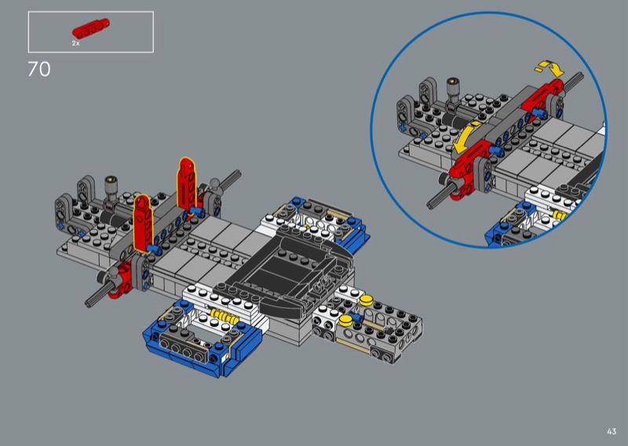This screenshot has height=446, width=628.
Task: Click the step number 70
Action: point(39,69)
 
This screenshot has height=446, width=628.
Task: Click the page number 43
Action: point(612,431)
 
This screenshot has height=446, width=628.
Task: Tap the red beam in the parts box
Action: point(90,28)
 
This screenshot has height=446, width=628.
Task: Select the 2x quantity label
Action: point(75,43)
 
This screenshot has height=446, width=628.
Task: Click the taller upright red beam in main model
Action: point(187,185)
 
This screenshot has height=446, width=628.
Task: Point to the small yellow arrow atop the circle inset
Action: point(550,68)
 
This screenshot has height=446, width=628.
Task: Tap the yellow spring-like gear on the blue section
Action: point(224,316)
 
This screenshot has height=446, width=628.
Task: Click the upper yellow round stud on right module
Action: point(366,300)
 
